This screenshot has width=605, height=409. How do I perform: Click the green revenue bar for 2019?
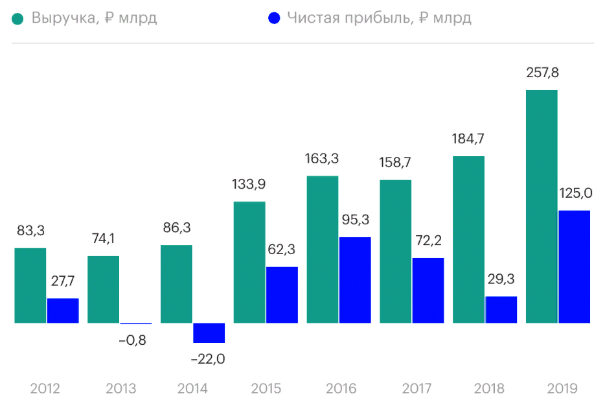pos(542,206)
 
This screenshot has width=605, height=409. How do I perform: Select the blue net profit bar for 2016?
pos(355,280)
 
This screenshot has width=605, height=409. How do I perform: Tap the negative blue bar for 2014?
pos(209,333)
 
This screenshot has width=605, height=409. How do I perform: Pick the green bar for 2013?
pos(104,289)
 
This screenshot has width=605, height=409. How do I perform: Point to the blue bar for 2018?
pos(501,310)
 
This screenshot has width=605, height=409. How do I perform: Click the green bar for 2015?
pos(249,262)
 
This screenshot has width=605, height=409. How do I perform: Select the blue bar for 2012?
pos(63,310)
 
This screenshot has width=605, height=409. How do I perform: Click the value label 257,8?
pos(542,73)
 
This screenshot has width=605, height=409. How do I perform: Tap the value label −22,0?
pos(208,358)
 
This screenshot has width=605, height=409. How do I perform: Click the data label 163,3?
pos(322,158)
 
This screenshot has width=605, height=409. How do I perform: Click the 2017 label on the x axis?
pos(417,389)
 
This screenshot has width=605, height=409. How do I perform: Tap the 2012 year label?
pos(45,389)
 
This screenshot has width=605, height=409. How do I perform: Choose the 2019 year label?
pos(562,389)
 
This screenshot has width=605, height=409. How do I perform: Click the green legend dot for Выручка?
pos(18,18)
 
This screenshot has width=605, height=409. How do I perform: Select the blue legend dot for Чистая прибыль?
pos(274,18)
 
